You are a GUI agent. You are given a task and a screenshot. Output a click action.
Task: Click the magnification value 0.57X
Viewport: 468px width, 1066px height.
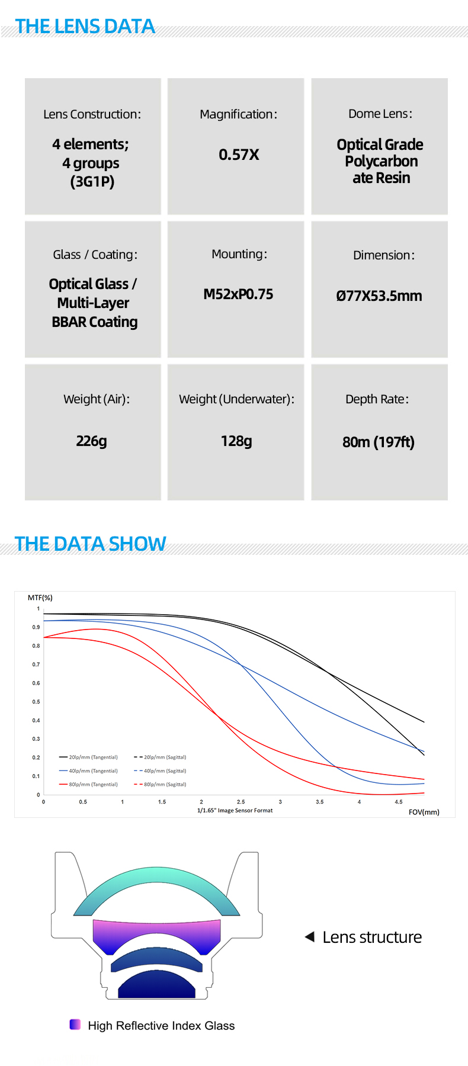(239, 155)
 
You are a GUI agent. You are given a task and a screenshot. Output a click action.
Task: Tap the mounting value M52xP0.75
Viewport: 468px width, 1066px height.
(238, 294)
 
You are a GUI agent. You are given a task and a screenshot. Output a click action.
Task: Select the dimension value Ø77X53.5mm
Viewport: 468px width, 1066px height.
(379, 296)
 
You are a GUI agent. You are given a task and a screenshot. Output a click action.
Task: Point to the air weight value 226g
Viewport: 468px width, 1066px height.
(91, 441)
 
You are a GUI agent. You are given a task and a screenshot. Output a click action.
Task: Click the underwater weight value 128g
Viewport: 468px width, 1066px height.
(236, 441)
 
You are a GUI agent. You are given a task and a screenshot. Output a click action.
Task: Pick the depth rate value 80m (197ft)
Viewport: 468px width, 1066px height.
(379, 442)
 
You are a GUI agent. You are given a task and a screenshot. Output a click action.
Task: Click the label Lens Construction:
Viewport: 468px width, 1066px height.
(92, 114)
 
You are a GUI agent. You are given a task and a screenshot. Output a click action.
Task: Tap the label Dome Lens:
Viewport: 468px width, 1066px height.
(380, 114)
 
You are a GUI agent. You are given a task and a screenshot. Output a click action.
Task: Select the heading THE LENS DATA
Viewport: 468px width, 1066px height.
(85, 27)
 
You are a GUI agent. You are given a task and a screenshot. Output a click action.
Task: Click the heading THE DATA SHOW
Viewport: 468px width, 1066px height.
(90, 544)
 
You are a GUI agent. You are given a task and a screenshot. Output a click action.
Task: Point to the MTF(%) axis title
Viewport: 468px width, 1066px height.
(40, 598)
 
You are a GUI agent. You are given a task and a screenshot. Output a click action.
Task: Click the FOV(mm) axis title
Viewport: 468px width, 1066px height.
(424, 812)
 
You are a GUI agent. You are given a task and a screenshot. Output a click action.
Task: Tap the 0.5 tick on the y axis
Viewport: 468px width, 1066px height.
(36, 702)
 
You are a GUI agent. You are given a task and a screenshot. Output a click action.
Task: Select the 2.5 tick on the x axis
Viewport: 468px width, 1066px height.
(241, 802)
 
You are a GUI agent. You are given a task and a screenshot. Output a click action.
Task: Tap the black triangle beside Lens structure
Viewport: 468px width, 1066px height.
(309, 937)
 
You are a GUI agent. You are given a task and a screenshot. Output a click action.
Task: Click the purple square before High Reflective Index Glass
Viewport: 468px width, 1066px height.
(75, 1025)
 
